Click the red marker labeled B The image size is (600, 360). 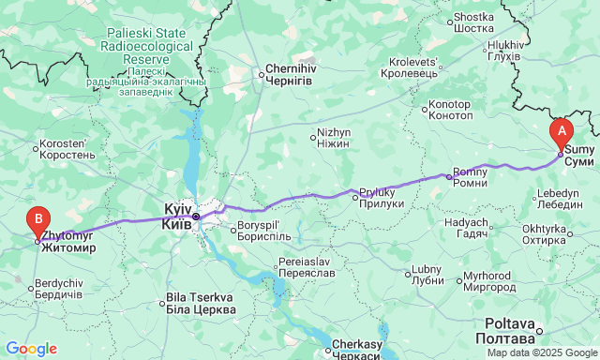pos(37,221)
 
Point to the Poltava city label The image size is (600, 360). pos(508,329)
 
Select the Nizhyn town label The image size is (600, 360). pos(334,139)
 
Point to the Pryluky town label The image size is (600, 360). pos(382,198)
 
